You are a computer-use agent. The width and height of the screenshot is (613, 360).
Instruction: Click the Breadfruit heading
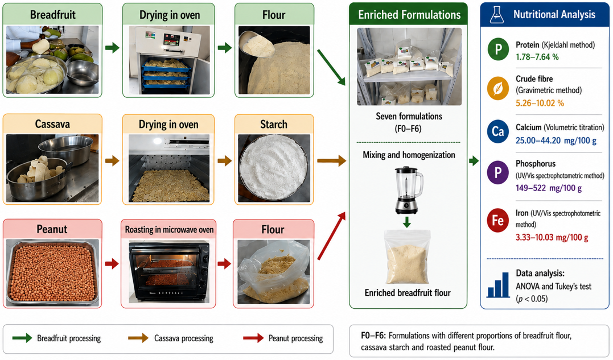click(x=53, y=15)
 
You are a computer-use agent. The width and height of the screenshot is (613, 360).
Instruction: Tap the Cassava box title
click(x=52, y=124)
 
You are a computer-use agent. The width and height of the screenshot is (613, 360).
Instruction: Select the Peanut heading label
click(x=52, y=229)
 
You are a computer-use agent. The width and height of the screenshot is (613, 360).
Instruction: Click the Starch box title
click(x=274, y=125)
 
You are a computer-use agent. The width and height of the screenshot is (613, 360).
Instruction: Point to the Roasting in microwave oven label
click(x=169, y=230)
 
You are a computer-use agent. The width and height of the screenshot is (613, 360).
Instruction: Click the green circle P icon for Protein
click(x=498, y=49)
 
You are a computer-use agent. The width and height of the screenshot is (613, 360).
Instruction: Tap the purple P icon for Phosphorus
click(x=498, y=172)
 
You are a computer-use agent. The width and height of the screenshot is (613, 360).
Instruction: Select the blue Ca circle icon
click(x=498, y=131)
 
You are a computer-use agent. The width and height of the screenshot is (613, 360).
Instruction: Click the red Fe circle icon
click(x=498, y=220)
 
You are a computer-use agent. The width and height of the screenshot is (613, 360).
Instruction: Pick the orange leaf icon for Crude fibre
click(x=498, y=89)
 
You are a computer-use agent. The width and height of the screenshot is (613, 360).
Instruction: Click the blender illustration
click(x=408, y=190)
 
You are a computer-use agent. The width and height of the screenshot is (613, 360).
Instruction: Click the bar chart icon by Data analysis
click(x=498, y=284)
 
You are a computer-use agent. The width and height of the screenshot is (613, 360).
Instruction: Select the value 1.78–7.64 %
click(x=537, y=57)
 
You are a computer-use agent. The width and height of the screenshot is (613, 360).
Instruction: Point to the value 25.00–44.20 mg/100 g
click(x=556, y=140)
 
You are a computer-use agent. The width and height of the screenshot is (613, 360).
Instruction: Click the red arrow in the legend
click(x=253, y=338)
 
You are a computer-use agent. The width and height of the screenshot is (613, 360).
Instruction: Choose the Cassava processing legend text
click(x=184, y=338)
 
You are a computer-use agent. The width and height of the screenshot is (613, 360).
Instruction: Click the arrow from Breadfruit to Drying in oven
click(x=112, y=48)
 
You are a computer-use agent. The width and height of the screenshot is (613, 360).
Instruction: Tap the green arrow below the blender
click(x=407, y=222)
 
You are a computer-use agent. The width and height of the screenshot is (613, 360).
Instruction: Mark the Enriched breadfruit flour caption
click(x=408, y=293)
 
